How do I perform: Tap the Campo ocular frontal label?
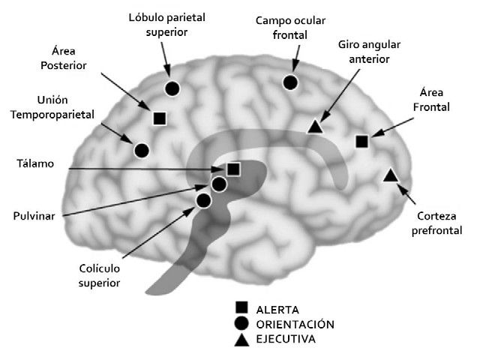pyautogui.click(x=289, y=28)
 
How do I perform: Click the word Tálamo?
pyautogui.click(x=35, y=163)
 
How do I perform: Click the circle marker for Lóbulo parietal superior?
pyautogui.click(x=172, y=88)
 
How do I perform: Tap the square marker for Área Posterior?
pyautogui.click(x=159, y=118)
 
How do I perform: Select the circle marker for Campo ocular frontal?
pyautogui.click(x=291, y=82)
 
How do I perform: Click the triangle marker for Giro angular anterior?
pyautogui.click(x=316, y=127)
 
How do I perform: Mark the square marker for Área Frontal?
pyautogui.click(x=361, y=141)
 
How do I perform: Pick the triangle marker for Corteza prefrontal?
pyautogui.click(x=390, y=175)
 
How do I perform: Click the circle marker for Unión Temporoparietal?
pyautogui.click(x=141, y=150)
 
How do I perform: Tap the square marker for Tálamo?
pyautogui.click(x=233, y=169)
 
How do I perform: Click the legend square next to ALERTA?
pyautogui.click(x=241, y=307)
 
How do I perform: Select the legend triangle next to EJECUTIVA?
pyautogui.click(x=241, y=340)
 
